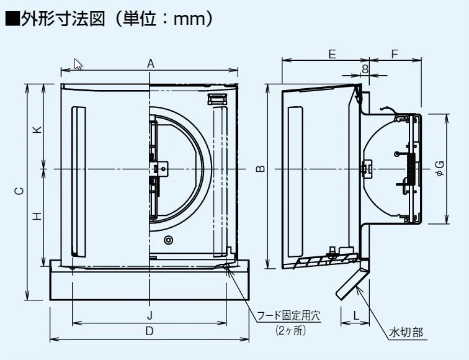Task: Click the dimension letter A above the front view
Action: (x=150, y=63)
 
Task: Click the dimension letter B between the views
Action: (x=261, y=168)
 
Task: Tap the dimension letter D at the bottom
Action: (x=150, y=331)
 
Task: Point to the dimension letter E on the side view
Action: (x=333, y=54)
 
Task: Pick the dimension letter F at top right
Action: (x=395, y=54)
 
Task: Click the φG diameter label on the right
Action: (x=439, y=168)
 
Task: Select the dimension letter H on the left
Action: (x=37, y=216)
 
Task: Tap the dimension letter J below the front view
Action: (x=150, y=314)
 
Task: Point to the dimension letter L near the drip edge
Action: (x=356, y=315)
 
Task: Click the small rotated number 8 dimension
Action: (x=365, y=69)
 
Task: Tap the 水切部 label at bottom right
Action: (x=406, y=332)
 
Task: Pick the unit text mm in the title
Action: (x=189, y=19)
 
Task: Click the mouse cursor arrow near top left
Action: (x=78, y=63)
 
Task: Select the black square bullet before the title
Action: (x=11, y=19)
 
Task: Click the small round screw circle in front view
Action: (x=168, y=240)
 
